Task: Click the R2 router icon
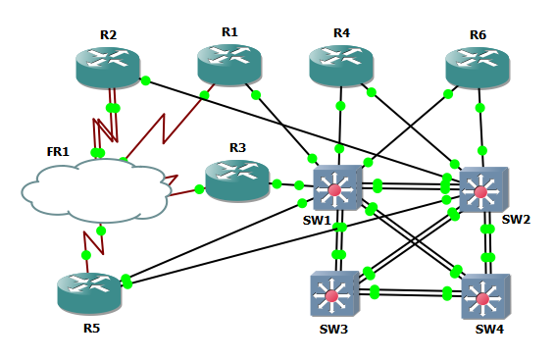click(107, 66)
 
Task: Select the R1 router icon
click(229, 64)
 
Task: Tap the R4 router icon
click(341, 65)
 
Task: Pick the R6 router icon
click(478, 67)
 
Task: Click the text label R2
click(108, 35)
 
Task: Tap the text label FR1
click(58, 151)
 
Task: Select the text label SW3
click(333, 329)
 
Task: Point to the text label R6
click(478, 34)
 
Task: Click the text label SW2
click(516, 220)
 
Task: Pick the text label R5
click(91, 328)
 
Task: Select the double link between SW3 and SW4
click(410, 291)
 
